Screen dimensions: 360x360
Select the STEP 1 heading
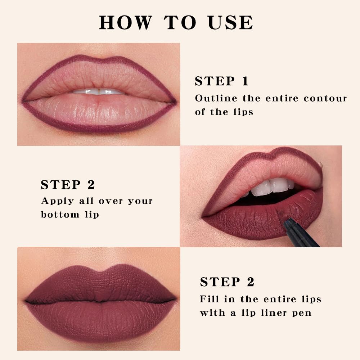pyautogui.click(x=221, y=81)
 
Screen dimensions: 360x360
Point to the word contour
pyautogui.click(x=325, y=98)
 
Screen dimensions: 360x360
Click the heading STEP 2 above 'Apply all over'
pyautogui.click(x=68, y=185)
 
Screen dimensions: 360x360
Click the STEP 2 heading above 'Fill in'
pyautogui.click(x=227, y=282)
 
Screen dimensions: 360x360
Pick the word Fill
pyautogui.click(x=208, y=299)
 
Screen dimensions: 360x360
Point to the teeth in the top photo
pyautogui.click(x=98, y=92)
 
